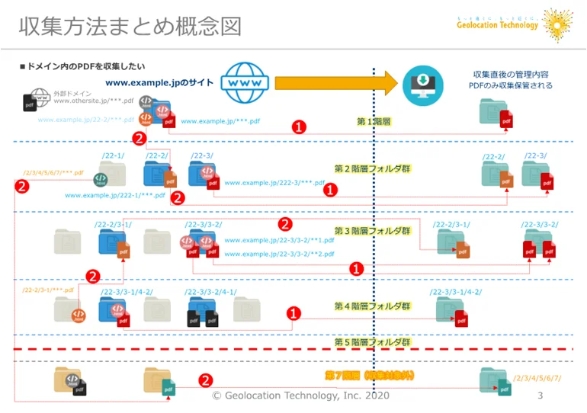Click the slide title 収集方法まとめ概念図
(130, 27)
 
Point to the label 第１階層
(374, 121)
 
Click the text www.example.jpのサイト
(159, 83)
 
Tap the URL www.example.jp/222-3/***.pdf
(274, 183)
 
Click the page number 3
(540, 395)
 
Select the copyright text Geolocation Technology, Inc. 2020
(300, 395)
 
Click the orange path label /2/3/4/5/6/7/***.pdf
(53, 173)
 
